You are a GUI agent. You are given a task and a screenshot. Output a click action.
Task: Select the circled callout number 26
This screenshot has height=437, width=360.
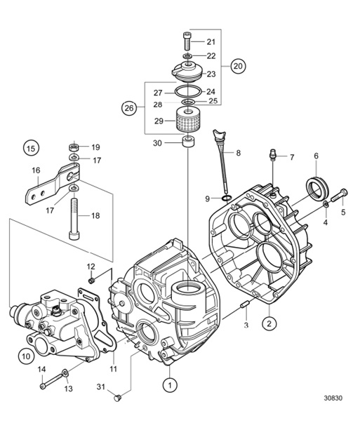click(128, 108)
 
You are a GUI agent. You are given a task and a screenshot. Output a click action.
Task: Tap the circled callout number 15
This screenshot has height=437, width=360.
click(30, 148)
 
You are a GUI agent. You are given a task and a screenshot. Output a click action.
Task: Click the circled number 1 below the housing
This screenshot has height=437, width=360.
click(169, 384)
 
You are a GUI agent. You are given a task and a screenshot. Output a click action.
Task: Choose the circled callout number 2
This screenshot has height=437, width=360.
click(268, 323)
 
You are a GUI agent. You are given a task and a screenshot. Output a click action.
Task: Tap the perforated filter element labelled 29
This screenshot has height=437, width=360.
click(188, 123)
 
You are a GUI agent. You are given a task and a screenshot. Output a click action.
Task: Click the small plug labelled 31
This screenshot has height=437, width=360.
click(118, 399)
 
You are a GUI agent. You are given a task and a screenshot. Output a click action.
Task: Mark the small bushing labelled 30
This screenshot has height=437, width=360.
click(188, 144)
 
